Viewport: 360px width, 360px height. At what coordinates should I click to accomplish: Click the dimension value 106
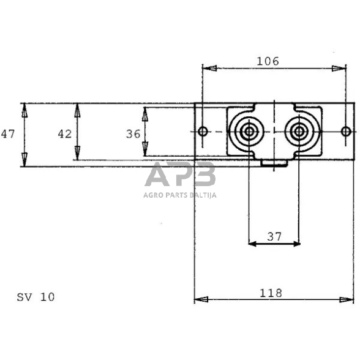[268, 61]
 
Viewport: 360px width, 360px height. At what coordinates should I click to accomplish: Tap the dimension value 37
[274, 236]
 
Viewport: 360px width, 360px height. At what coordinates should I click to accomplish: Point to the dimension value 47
[7, 133]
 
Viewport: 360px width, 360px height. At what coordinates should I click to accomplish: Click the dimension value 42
[64, 133]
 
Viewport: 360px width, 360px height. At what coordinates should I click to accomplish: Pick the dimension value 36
[133, 133]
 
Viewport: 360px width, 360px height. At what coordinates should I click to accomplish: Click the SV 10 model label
[36, 297]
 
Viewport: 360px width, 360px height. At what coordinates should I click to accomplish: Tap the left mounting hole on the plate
[203, 131]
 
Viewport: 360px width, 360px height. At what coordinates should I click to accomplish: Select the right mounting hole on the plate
[346, 131]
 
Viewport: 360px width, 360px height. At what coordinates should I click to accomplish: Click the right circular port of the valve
[299, 131]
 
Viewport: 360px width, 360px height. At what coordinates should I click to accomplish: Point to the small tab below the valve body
[274, 163]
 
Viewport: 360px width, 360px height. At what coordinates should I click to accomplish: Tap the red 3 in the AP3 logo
[204, 176]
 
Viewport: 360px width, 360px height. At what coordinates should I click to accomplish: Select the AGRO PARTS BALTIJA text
[180, 195]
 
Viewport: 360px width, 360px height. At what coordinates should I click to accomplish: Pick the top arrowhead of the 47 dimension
[24, 109]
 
